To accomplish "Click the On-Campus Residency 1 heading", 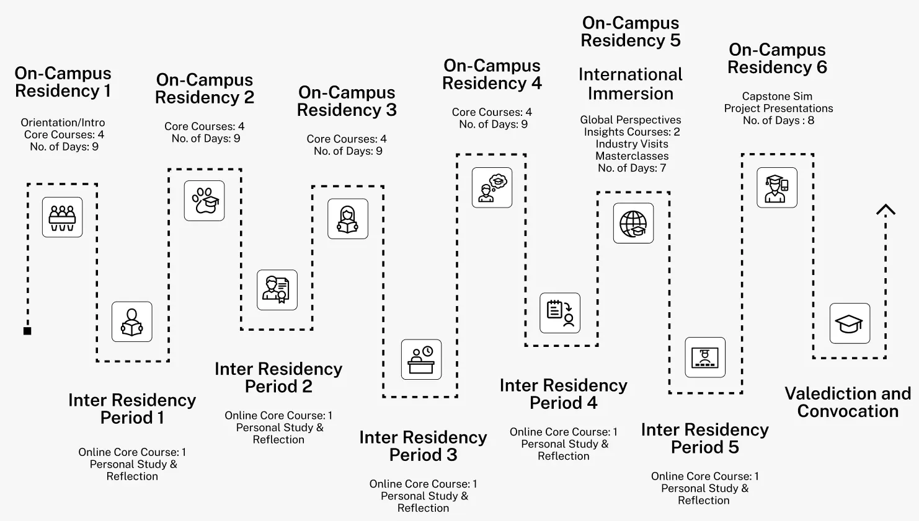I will tap(63, 82).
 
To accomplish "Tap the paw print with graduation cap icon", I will tap(204, 201).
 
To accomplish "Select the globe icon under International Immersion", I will tap(633, 223).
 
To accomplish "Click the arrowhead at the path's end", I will tap(886, 210).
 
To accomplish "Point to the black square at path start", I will tap(27, 331).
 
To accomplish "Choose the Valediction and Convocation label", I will tap(848, 402).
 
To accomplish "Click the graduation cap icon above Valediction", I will tap(850, 323).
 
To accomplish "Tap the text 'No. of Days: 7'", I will tap(631, 168).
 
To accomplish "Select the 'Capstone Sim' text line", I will tap(777, 96).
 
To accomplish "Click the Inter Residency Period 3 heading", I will tap(423, 446).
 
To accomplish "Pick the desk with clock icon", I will tap(421, 359).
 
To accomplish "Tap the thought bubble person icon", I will tap(492, 187).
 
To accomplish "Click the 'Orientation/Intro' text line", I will tap(63, 123).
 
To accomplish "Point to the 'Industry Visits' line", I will tap(632, 144).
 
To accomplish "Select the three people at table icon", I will tap(62, 217).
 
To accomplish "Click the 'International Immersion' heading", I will tap(630, 84).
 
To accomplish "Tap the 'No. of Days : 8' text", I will tap(778, 120).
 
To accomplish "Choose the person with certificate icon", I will tap(277, 290).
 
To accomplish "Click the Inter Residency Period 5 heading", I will tap(704, 439).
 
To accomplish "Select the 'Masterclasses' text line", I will tap(632, 156).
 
